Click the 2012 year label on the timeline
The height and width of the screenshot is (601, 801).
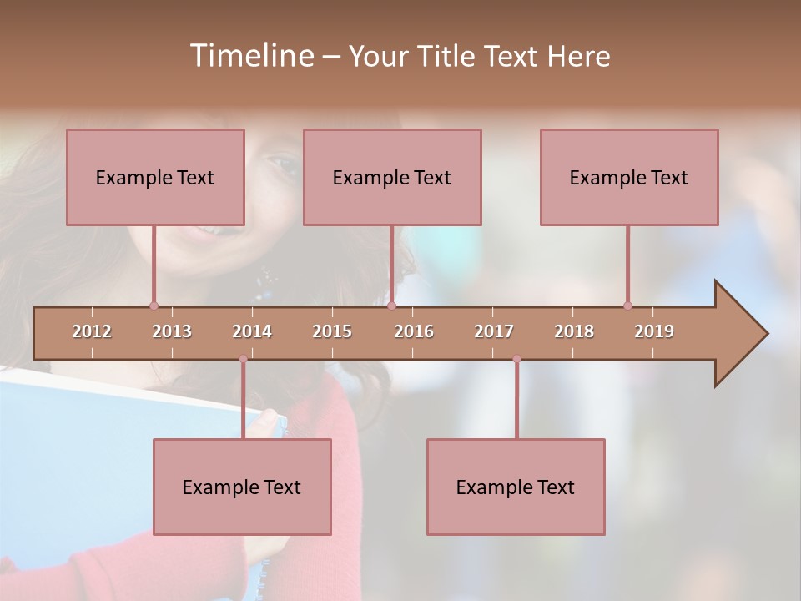pyautogui.click(x=92, y=331)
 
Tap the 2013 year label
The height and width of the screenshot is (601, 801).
pyautogui.click(x=172, y=331)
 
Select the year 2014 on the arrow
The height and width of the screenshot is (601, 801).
pyautogui.click(x=252, y=331)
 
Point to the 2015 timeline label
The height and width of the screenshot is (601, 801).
pyautogui.click(x=332, y=331)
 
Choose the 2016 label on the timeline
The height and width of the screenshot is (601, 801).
pyautogui.click(x=414, y=331)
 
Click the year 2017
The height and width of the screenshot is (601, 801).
pyautogui.click(x=494, y=331)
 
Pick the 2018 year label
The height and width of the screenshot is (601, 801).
pyautogui.click(x=574, y=331)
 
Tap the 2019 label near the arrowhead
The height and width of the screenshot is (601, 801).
pyautogui.click(x=654, y=331)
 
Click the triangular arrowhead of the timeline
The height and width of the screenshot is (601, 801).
pyautogui.click(x=739, y=334)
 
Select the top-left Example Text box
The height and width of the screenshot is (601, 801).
pyautogui.click(x=155, y=177)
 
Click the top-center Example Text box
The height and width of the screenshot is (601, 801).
pyautogui.click(x=392, y=177)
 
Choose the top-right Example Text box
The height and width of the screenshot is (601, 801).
pyautogui.click(x=629, y=177)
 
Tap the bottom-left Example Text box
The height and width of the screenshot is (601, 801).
pyautogui.click(x=242, y=487)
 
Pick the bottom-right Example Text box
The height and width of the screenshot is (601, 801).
pyautogui.click(x=516, y=487)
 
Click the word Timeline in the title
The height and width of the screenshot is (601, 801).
pyautogui.click(x=250, y=56)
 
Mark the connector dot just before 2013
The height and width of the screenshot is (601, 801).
pyautogui.click(x=154, y=306)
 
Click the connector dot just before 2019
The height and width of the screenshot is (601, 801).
pyautogui.click(x=627, y=306)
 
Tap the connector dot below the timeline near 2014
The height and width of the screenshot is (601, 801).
pyautogui.click(x=243, y=359)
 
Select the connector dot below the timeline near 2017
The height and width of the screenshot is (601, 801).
pyautogui.click(x=516, y=359)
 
